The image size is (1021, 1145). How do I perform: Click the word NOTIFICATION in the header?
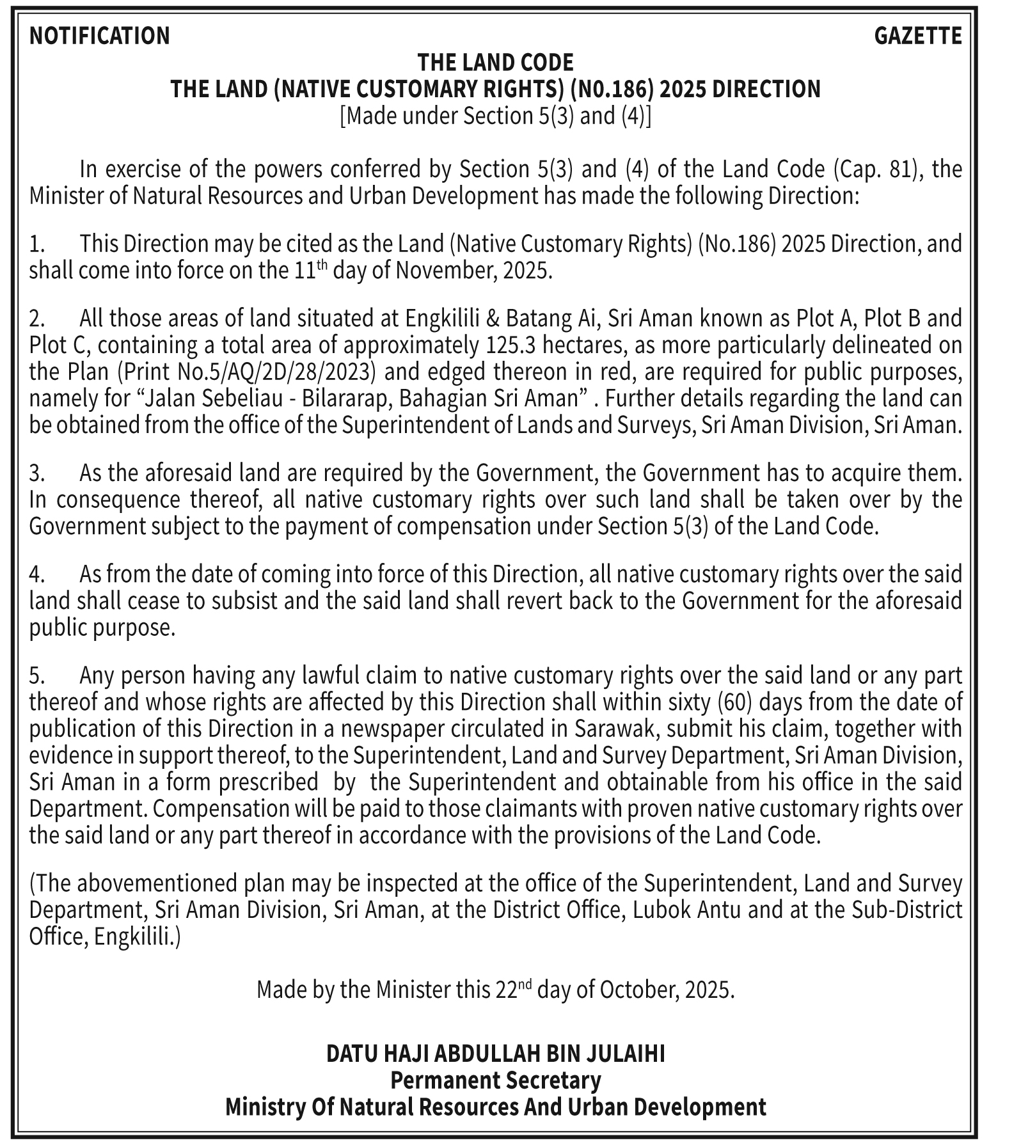(100, 36)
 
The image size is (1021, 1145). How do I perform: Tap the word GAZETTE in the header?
(917, 36)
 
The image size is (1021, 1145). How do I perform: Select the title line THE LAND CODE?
(495, 63)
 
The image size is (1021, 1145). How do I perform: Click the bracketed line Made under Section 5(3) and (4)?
(495, 116)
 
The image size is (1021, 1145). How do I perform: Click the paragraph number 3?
(36, 473)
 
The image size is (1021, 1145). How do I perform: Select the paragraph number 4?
(36, 574)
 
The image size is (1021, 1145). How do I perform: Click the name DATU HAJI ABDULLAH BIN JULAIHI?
(495, 1054)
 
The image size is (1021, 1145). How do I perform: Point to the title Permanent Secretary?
(495, 1080)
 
